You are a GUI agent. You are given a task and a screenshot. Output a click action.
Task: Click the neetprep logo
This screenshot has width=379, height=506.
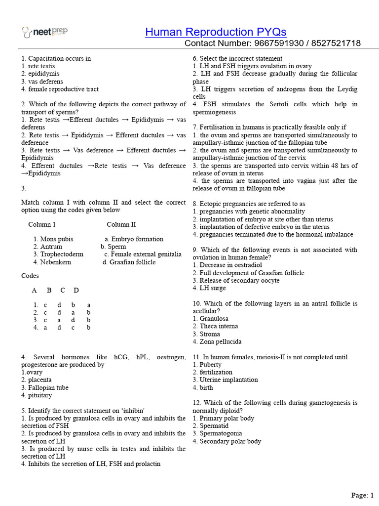(45, 32)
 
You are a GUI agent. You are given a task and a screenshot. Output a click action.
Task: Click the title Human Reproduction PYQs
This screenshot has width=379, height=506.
(216, 32)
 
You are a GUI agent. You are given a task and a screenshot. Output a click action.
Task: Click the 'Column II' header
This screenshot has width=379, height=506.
(121, 224)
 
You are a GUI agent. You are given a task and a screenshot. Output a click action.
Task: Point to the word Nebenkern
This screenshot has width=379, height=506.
(55, 262)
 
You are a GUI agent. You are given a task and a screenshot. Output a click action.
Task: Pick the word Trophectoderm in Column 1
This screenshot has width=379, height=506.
(61, 254)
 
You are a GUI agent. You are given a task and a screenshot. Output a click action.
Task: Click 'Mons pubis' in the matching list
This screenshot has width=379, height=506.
(56, 239)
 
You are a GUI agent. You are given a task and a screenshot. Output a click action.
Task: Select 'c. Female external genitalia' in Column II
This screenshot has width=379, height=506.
(143, 254)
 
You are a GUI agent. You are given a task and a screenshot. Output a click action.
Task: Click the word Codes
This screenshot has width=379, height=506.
(31, 275)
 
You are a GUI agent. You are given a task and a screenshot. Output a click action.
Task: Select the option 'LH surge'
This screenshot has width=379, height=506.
(212, 288)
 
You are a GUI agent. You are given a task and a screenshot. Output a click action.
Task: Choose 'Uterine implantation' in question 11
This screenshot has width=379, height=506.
(228, 379)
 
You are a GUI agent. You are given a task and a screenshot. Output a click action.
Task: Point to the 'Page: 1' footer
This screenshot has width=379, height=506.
(362, 495)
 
